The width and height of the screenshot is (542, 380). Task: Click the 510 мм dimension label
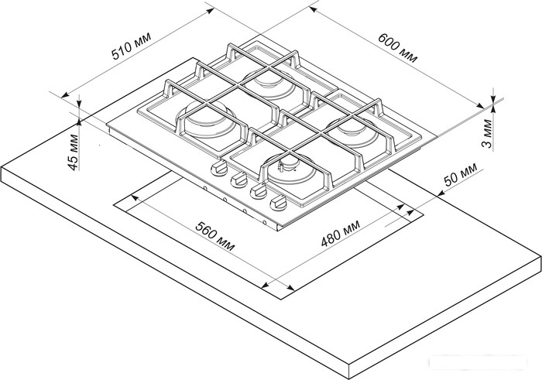[x=132, y=46]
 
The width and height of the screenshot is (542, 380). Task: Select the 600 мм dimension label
[x=397, y=48]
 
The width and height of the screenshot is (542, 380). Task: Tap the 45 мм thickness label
[x=73, y=152]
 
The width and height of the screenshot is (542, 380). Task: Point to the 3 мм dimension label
[x=487, y=133]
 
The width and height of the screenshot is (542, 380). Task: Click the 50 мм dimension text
[x=461, y=174]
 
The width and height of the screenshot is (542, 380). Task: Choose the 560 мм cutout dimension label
[x=215, y=236]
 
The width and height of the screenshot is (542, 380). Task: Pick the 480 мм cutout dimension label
[x=341, y=233]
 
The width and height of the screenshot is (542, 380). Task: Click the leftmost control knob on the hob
[x=218, y=169]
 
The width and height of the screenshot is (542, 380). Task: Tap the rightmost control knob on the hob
[x=278, y=203]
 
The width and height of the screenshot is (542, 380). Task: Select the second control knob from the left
[x=238, y=180]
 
